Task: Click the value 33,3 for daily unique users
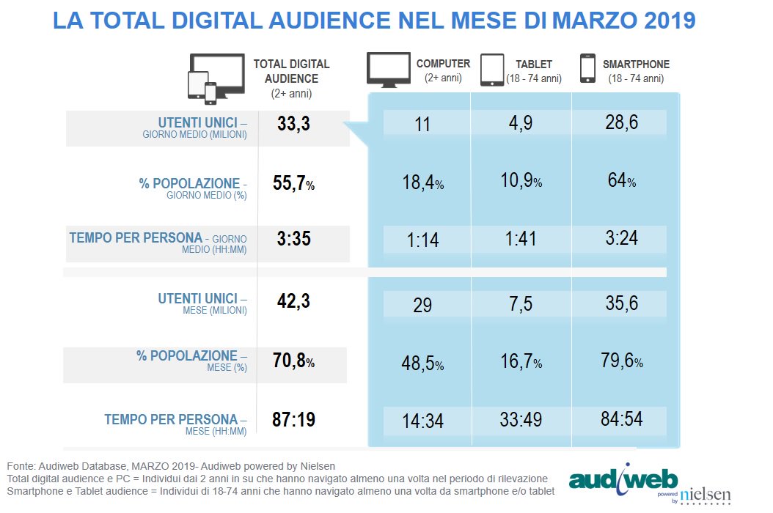pos(293,125)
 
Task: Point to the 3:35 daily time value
pos(293,239)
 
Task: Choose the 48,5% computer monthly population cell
pos(422,363)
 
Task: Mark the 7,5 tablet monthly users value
pos(521,304)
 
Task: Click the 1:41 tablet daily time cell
pos(521,240)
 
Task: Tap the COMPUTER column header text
pos(443,64)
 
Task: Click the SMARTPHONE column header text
pos(636,64)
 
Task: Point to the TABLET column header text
pos(533,64)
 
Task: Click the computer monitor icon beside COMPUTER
pos(389,70)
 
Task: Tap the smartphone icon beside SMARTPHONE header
pos(587,68)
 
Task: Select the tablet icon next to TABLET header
pos(492,70)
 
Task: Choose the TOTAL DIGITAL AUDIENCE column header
pos(291,71)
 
